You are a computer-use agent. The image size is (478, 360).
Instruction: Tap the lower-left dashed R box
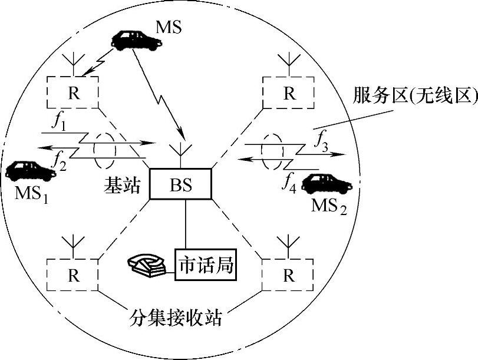[x=73, y=274]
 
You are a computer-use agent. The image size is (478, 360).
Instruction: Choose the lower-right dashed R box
[x=288, y=274]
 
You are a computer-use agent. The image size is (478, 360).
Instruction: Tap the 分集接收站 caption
[x=176, y=320]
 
